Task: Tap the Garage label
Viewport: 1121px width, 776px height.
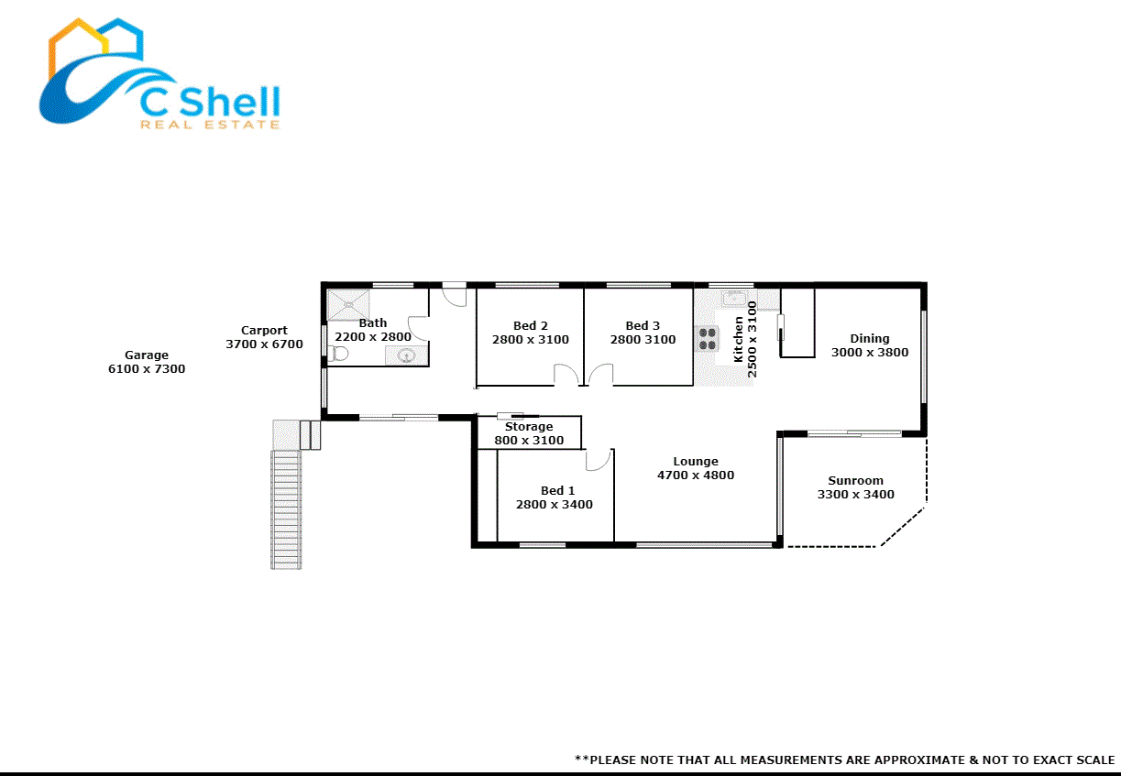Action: (147, 355)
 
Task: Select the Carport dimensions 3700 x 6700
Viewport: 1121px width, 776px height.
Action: (264, 344)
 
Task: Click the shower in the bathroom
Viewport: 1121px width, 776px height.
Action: (349, 304)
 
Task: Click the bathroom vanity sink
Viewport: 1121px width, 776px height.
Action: (407, 355)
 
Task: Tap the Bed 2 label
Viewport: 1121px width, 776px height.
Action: (531, 326)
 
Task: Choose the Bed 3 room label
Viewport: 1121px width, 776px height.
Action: (643, 326)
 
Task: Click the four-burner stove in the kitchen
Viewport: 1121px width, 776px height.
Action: (707, 339)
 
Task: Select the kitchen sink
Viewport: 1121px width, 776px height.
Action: (734, 299)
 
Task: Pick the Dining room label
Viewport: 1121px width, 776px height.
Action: (869, 339)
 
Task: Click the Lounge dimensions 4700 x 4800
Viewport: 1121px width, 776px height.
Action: (696, 475)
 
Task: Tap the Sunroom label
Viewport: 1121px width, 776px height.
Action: (855, 481)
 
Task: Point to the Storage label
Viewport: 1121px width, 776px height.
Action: (529, 427)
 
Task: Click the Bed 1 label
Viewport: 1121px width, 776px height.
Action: (552, 491)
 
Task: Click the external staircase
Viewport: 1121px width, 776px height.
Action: (287, 508)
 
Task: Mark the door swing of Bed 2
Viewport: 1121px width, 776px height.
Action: (566, 374)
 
